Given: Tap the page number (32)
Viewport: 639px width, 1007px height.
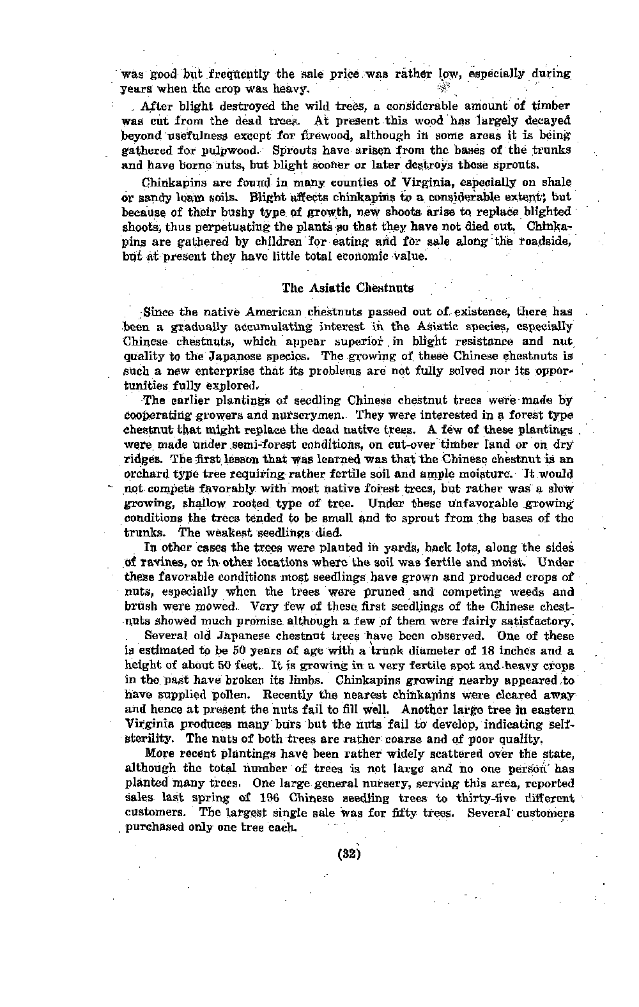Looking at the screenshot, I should point(348,853).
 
